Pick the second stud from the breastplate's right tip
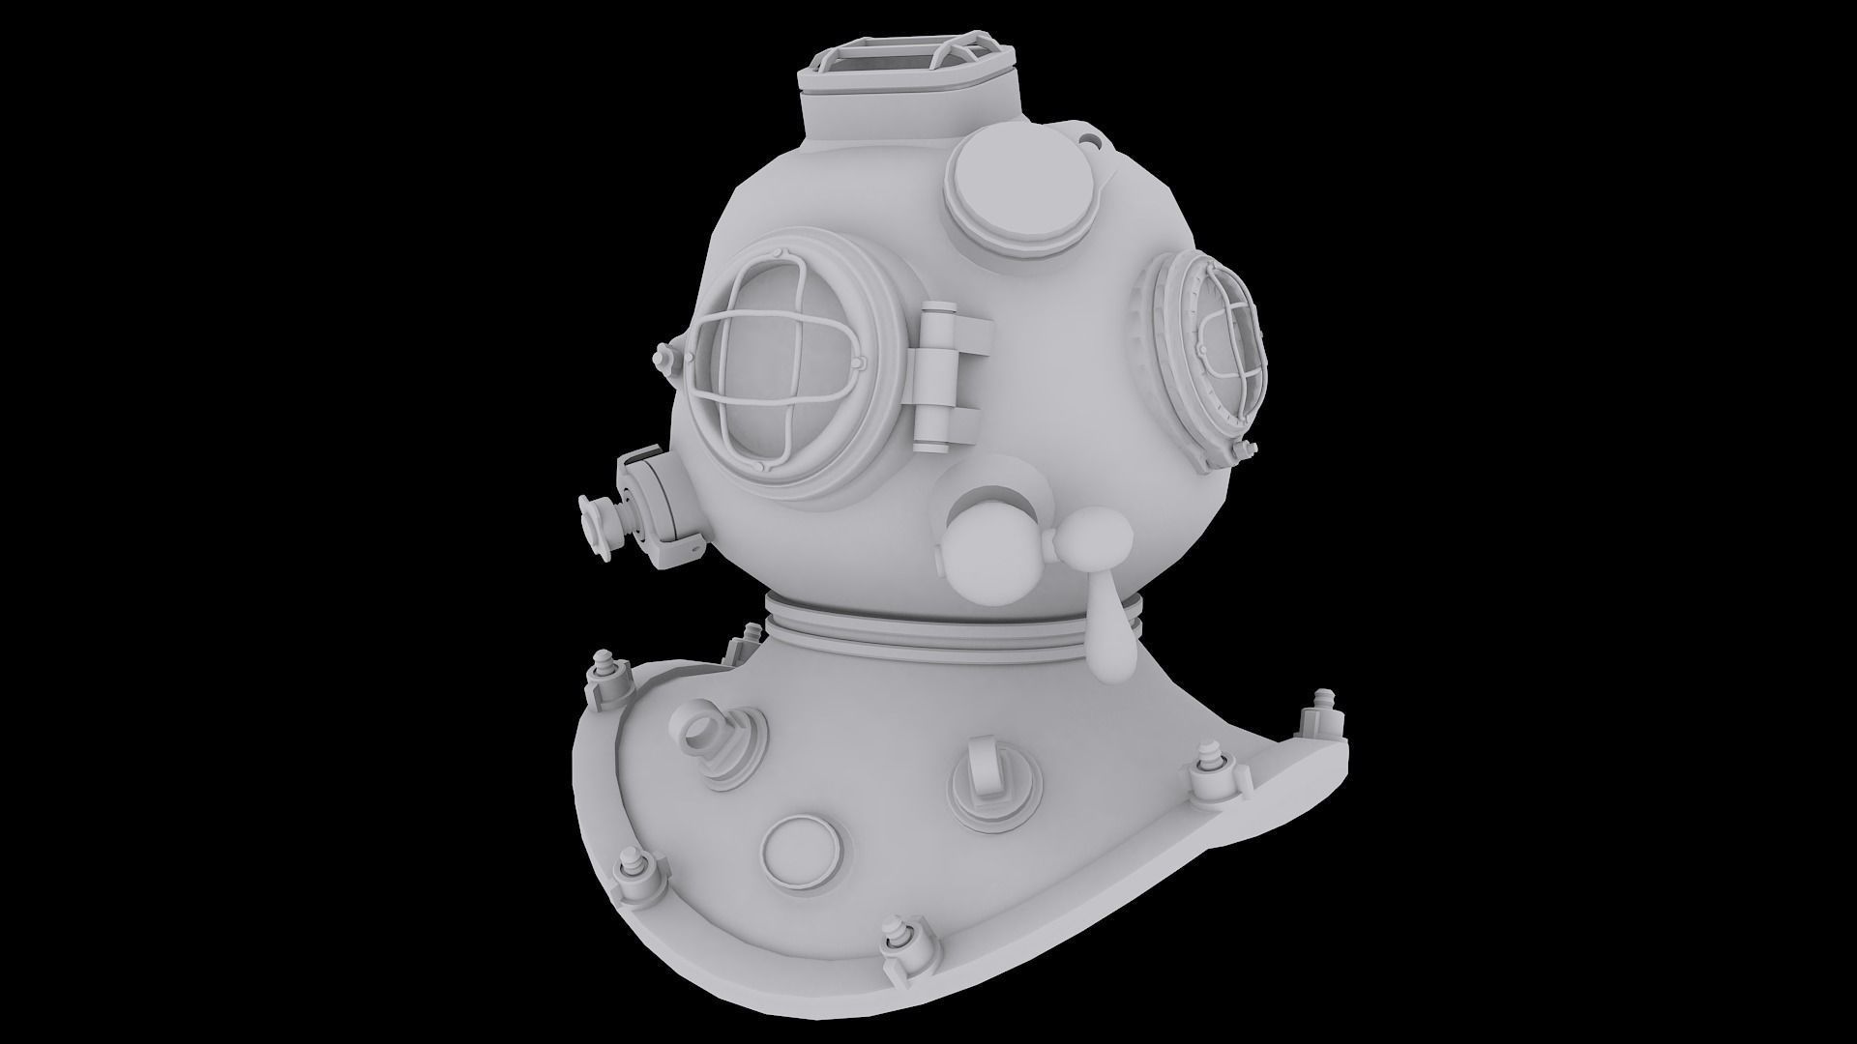pos(1209,768)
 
